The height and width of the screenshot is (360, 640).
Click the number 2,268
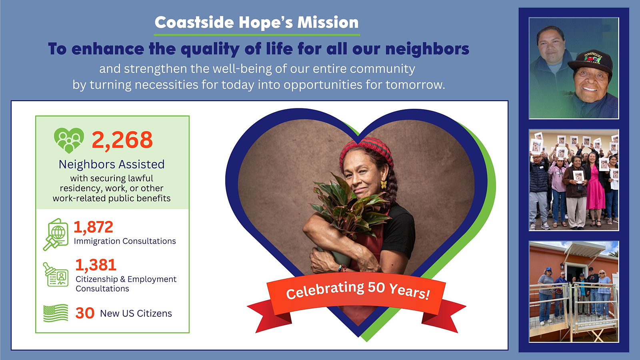tap(122, 140)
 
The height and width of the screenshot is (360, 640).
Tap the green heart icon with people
tap(69, 140)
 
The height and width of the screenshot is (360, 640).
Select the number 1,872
tap(94, 227)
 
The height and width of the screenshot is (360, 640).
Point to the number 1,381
tap(96, 265)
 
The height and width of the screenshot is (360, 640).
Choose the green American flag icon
tap(56, 313)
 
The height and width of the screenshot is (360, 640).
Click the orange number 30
tap(85, 313)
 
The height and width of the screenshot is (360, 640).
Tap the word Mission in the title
tap(328, 22)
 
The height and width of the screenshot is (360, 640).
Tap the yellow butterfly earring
tap(384, 184)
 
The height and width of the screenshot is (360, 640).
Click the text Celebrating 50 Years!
tap(358, 290)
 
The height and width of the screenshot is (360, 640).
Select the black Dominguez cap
tap(590, 62)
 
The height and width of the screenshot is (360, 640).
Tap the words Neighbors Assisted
tap(112, 164)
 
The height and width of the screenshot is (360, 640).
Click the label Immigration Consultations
tap(125, 241)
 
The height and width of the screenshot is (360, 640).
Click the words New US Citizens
tap(136, 314)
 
